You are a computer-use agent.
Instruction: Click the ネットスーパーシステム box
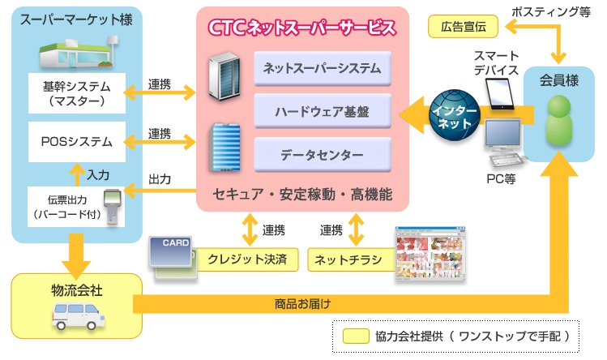click(323, 68)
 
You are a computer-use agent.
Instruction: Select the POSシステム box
click(76, 141)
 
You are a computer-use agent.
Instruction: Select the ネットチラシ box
click(348, 259)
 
